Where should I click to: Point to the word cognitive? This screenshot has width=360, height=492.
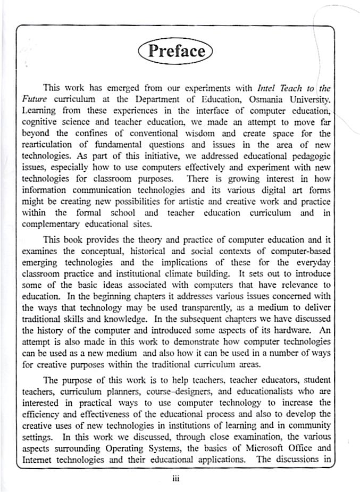(x=39, y=122)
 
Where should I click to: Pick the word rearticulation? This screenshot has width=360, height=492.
(x=48, y=145)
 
